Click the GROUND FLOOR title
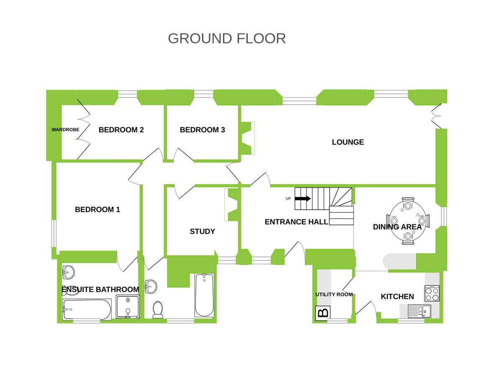[227, 38]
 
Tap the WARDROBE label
[65, 130]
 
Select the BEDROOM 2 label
[121, 130]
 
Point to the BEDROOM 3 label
[203, 130]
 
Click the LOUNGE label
[348, 142]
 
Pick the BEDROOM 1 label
[97, 210]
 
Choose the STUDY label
[203, 231]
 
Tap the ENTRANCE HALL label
[296, 222]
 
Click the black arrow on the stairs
[303, 199]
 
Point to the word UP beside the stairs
[288, 199]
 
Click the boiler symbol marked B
[323, 313]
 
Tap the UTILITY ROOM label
[334, 294]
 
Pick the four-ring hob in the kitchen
[432, 293]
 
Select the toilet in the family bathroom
[158, 309]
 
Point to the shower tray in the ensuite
[127, 307]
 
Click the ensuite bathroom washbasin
[67, 272]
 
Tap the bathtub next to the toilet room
[204, 295]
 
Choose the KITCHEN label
[397, 297]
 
